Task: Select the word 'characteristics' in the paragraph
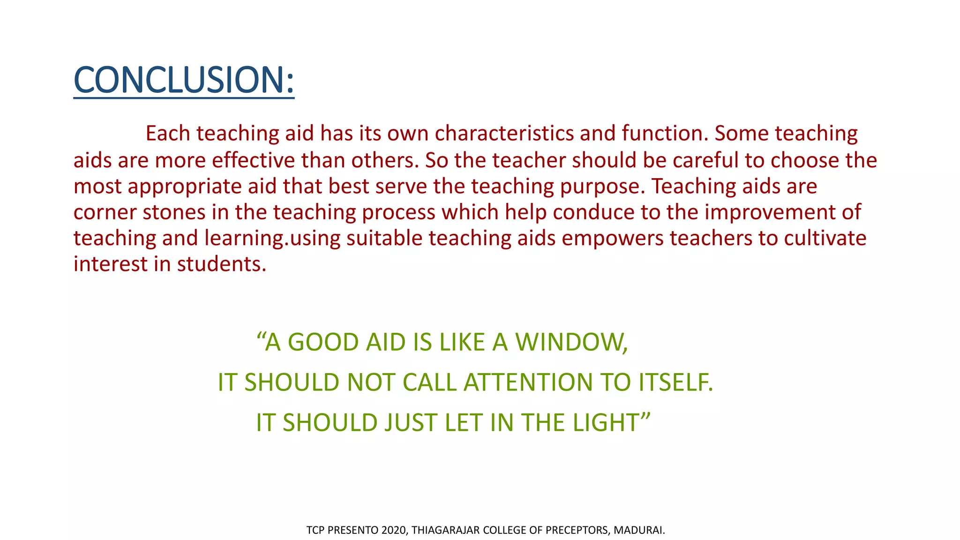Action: tap(504, 134)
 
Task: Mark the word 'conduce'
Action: tap(593, 212)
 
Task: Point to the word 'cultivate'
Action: tap(825, 238)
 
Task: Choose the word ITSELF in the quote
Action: tap(675, 382)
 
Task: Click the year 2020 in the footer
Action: tap(394, 531)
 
